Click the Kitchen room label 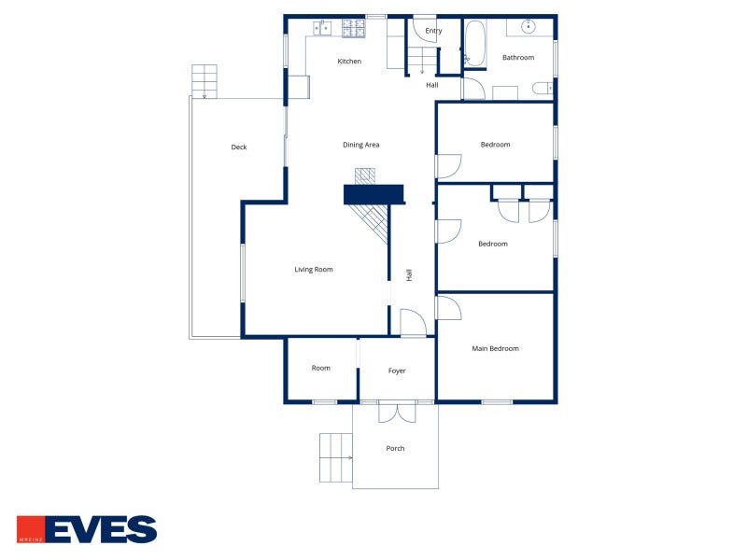tap(349, 61)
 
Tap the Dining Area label tap(361, 145)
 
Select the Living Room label tap(314, 270)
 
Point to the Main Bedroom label tap(495, 348)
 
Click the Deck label tap(239, 147)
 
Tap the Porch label tap(395, 449)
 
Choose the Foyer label tap(397, 371)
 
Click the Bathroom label tap(518, 58)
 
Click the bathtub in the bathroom tap(475, 44)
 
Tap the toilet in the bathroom tap(543, 88)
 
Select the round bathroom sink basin tap(529, 26)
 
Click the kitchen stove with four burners tap(354, 28)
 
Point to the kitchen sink tap(322, 28)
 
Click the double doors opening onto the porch tap(398, 413)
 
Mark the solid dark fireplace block tap(373, 195)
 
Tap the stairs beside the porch tap(336, 457)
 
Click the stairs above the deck tap(204, 81)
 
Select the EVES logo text tap(102, 529)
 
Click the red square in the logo tap(31, 529)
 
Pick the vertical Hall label tap(409, 274)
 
